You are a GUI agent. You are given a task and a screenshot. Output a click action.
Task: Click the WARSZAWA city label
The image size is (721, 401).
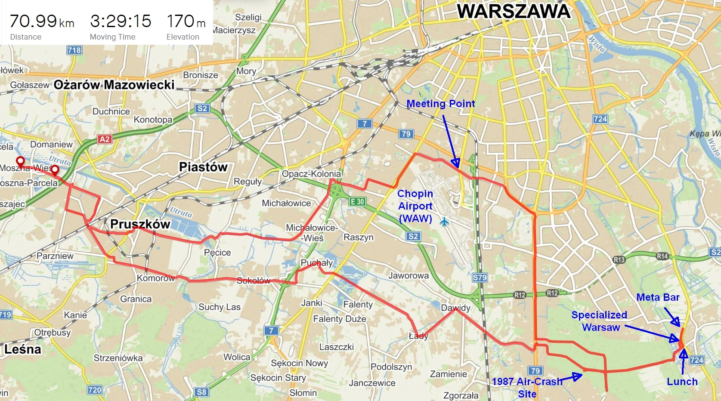[514, 11]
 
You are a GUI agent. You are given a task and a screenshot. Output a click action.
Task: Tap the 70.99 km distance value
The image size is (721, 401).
[42, 21]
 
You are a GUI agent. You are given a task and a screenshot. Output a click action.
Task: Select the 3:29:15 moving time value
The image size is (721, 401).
[121, 21]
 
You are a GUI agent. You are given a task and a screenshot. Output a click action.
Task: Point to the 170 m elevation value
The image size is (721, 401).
[186, 21]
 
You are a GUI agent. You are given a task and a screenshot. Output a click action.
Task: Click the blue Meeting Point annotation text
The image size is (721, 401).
[441, 104]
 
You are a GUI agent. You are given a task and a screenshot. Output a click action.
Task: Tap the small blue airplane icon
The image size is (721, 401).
[444, 222]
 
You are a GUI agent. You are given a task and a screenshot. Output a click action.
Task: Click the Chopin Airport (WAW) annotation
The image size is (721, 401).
[415, 206]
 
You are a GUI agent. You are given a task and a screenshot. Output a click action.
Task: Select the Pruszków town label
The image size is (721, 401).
[140, 224]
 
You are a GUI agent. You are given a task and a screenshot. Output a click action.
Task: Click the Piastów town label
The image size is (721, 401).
[203, 167]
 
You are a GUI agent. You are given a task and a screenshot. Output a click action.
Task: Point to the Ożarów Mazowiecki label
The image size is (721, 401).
[114, 85]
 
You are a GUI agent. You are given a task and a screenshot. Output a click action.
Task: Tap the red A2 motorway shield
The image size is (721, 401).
[105, 139]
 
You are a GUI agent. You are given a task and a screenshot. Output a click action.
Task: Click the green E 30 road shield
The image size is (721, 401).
[357, 201]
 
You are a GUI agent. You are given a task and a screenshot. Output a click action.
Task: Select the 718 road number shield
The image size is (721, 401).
[74, 50]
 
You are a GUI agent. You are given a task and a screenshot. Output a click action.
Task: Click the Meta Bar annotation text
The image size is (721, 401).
[658, 297]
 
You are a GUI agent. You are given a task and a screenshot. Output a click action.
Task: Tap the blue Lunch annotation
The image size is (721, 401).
[682, 382]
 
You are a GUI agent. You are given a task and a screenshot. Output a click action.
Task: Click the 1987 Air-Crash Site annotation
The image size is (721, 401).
[527, 387]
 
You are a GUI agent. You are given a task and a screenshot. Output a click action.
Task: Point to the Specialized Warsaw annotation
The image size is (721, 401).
[599, 321]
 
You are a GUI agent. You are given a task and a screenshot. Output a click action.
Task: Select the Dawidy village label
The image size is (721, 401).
[455, 308]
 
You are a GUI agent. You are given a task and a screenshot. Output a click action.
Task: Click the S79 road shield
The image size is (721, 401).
[480, 278]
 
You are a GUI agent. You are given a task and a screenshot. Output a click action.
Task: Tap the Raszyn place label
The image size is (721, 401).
[358, 238]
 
